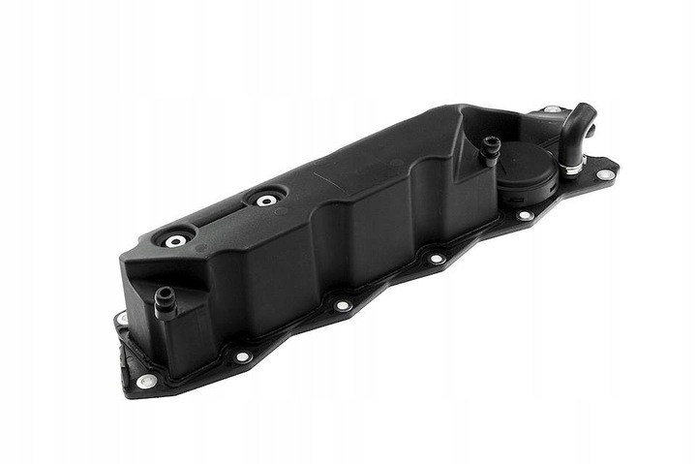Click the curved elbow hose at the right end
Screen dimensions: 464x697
pos(579,130)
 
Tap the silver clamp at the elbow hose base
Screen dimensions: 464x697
pos(572,170)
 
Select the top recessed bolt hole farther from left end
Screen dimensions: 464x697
pos(265,201)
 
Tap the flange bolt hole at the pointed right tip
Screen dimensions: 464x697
pos(605,175)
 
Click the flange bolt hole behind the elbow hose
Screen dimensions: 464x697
pos(552,110)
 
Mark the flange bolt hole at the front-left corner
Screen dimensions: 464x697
pos(146,381)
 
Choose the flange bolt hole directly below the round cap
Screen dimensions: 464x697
pos(526,216)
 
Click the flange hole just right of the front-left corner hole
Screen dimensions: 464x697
pos(242,356)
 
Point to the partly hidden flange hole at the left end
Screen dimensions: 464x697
pos(122,318)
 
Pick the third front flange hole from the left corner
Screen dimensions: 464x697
pos(342,306)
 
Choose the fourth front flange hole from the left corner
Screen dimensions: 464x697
pos(436,259)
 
